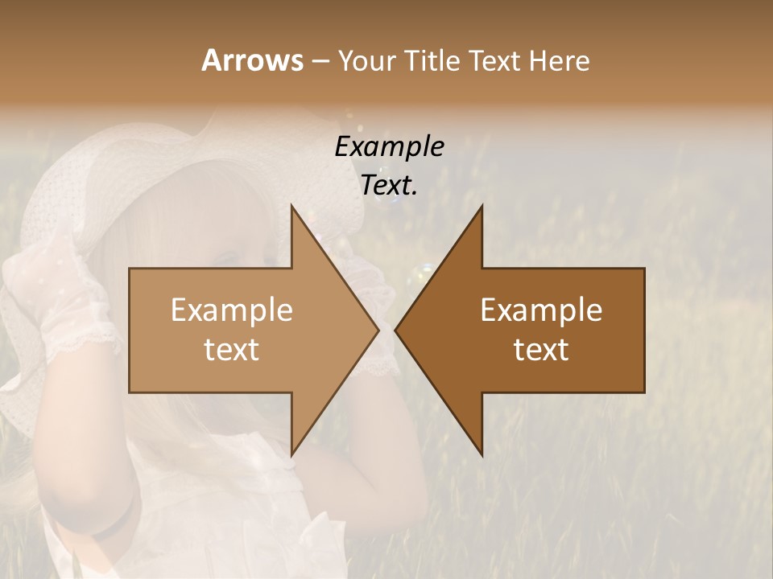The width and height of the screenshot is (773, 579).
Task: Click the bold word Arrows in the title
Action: point(252,60)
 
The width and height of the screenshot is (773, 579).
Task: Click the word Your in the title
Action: point(366,60)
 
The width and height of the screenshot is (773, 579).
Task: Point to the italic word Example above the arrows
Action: point(389,147)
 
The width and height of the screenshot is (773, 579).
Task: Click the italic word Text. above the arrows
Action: point(389,186)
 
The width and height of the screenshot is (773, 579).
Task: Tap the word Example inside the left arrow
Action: point(232,310)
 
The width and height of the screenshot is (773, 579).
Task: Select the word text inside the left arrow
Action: point(232,350)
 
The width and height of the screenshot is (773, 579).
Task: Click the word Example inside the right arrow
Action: point(541,310)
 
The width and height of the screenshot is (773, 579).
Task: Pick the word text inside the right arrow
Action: point(541,350)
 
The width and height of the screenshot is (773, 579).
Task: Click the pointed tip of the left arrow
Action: point(376,330)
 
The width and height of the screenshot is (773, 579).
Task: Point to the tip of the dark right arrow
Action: point(398,330)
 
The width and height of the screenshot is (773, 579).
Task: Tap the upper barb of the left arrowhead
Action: point(293,211)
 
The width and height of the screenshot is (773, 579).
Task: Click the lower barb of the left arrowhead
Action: point(293,450)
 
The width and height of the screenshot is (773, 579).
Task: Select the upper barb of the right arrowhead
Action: point(481,211)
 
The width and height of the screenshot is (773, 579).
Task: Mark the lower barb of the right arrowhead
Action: point(481,450)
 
